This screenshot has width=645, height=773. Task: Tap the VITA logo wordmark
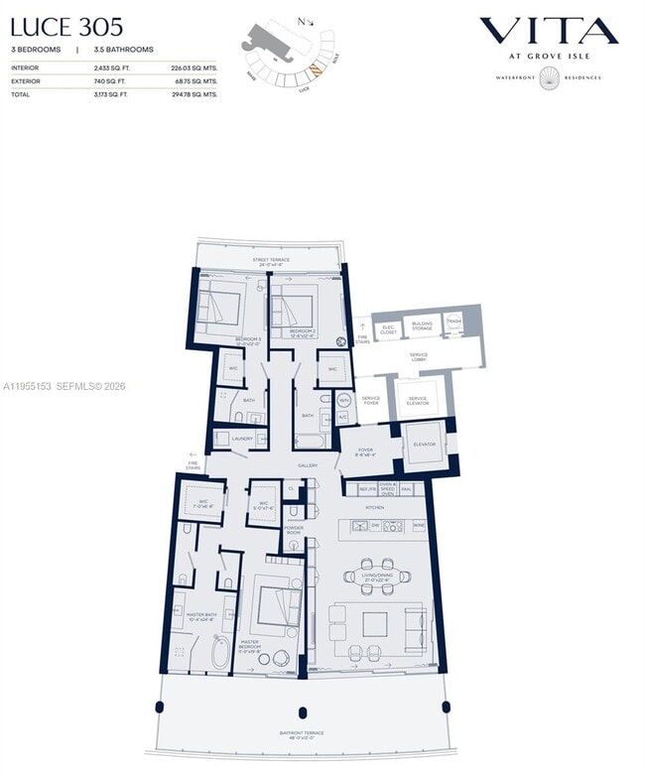pos(549,32)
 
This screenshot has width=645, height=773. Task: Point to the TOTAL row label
pos(22,93)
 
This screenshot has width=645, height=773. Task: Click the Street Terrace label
pos(270,260)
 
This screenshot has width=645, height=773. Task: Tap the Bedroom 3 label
pos(248,340)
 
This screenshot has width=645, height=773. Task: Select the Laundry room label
pos(242,438)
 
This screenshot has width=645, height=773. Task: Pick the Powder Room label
pos(294,530)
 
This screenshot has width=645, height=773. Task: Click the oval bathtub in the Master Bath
pos(219,654)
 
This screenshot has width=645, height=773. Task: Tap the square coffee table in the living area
pos(374,624)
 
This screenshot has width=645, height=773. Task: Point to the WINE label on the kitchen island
pos(419,527)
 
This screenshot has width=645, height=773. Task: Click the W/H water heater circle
pos(344,401)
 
